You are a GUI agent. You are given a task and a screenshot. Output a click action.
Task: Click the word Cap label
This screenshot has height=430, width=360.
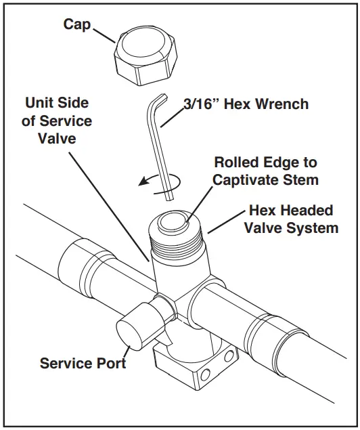(78, 24)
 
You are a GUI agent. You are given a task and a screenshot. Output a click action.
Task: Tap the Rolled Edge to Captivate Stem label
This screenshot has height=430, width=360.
(265, 171)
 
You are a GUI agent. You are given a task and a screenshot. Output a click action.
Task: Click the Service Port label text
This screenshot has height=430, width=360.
(83, 363)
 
